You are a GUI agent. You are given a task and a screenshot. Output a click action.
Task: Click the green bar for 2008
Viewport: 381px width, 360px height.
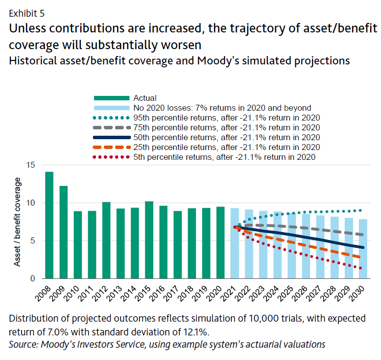click(49, 225)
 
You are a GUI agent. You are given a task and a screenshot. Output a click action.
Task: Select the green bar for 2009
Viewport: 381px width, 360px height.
click(63, 232)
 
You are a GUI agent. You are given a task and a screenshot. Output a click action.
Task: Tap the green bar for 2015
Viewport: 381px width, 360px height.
click(149, 240)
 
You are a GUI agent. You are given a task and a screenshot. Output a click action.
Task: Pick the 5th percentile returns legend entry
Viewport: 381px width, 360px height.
click(224, 157)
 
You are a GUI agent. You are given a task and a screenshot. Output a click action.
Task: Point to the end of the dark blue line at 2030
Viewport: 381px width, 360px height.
click(363, 247)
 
